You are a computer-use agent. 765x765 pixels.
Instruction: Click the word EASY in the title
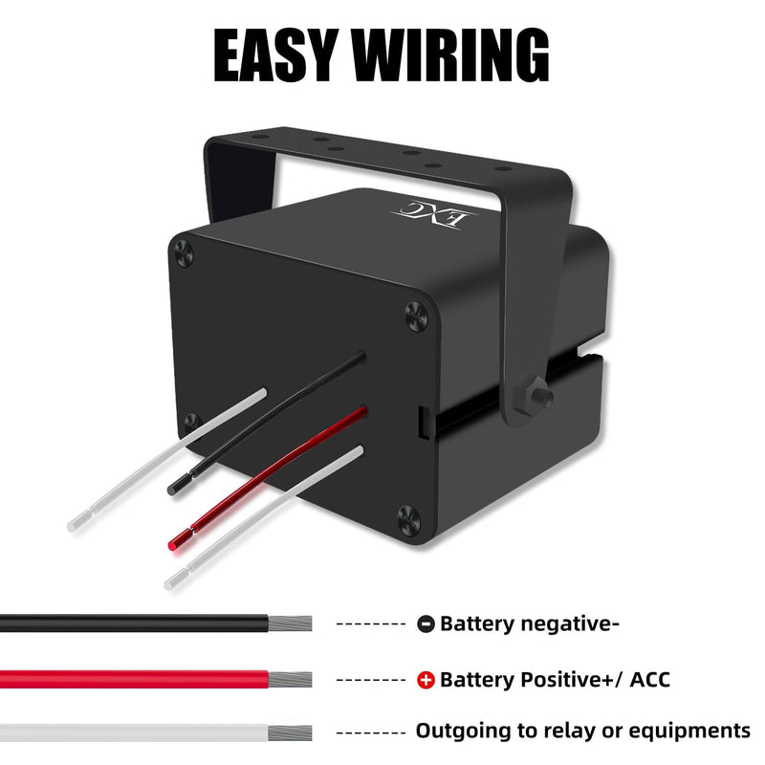(x=276, y=55)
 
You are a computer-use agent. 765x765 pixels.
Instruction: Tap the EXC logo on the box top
(x=434, y=213)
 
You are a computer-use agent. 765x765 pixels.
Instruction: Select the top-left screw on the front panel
(x=184, y=253)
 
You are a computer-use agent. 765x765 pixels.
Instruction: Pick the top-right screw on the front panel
(x=416, y=317)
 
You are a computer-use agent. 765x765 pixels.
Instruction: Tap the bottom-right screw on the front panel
(x=408, y=520)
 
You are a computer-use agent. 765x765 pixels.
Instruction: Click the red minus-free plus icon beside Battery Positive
(x=426, y=680)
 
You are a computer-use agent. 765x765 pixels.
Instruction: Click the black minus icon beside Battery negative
(x=426, y=623)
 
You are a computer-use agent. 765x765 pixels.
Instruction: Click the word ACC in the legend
(x=649, y=680)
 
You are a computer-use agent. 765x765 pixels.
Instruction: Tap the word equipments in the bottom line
(x=688, y=732)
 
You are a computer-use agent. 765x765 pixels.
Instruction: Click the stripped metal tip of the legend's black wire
(x=290, y=623)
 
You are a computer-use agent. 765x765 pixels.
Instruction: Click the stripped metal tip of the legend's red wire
(x=290, y=680)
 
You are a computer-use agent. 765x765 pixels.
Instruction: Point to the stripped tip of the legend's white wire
(x=290, y=732)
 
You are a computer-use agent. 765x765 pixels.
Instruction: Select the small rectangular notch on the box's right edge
(x=425, y=421)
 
